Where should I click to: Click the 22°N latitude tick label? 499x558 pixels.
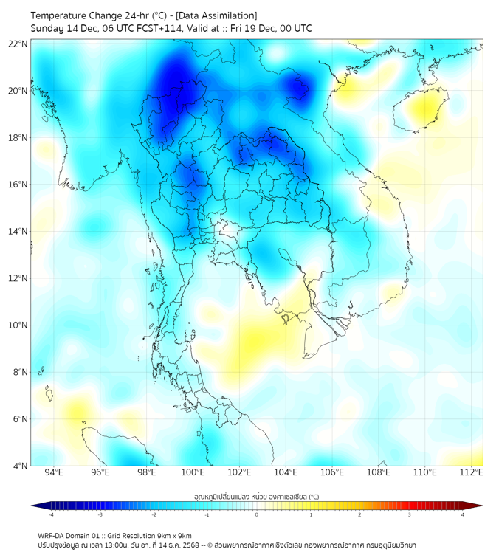pyautogui.click(x=18, y=44)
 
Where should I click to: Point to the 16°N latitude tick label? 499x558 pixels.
pyautogui.click(x=18, y=185)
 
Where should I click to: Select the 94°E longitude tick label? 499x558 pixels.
pyautogui.click(x=54, y=472)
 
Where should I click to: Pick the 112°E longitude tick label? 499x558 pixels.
pyautogui.click(x=472, y=472)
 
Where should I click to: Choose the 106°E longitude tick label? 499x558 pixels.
pyautogui.click(x=332, y=472)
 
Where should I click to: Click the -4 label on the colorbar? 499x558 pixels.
pyautogui.click(x=51, y=514)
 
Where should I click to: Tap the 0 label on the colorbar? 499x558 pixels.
pyautogui.click(x=257, y=514)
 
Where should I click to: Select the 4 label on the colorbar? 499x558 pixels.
pyautogui.click(x=462, y=514)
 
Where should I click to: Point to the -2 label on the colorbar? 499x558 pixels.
pyautogui.click(x=154, y=514)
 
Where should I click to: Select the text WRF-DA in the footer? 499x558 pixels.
pyautogui.click(x=52, y=536)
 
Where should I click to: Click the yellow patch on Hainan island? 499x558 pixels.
pyautogui.click(x=425, y=111)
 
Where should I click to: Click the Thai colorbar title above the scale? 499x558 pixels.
pyautogui.click(x=256, y=497)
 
